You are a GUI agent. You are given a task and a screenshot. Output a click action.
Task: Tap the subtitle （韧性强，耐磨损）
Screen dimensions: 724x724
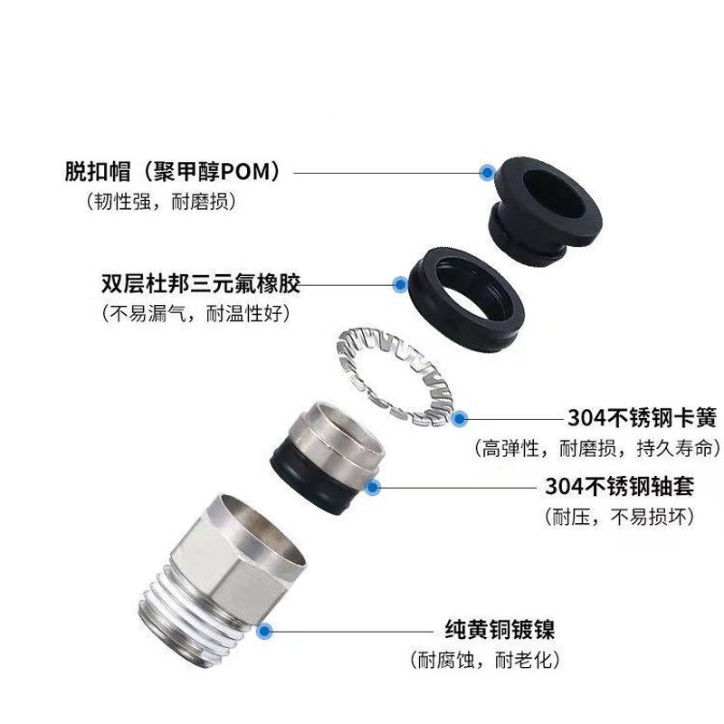point(162,202)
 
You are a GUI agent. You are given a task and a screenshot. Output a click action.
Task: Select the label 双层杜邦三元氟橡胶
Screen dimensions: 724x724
point(200,283)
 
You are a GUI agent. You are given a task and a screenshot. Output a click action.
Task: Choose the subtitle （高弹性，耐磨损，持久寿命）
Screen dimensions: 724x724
point(597,448)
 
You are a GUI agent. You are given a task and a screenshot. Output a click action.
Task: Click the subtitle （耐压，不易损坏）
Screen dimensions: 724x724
point(620,517)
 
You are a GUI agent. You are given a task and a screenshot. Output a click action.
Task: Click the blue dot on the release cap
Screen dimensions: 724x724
point(488,170)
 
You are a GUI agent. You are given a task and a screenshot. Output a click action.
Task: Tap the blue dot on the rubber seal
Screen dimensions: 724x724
point(399,284)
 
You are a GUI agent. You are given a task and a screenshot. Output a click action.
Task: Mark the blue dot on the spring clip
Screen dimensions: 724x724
point(459,418)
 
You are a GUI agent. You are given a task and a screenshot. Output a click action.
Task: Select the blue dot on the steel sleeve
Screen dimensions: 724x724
point(372,487)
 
